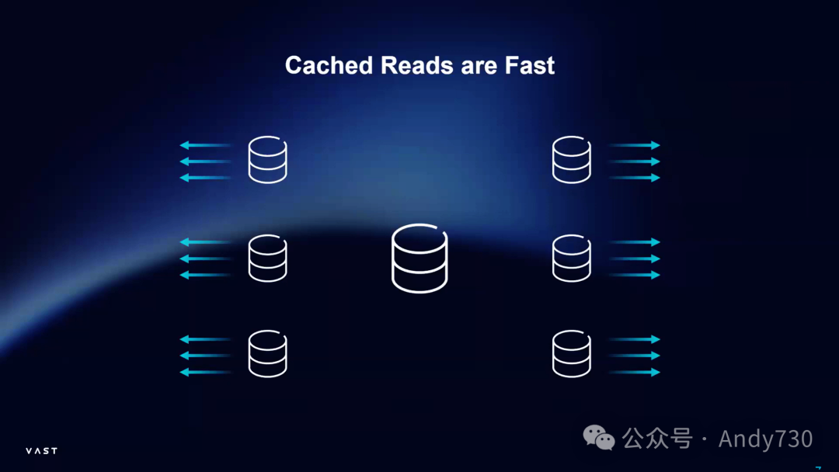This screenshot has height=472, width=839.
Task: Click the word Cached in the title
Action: pos(329,65)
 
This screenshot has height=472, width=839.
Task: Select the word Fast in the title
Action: pos(530,65)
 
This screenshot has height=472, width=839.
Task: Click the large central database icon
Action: pos(419,259)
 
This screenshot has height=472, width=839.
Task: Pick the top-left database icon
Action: pos(268,161)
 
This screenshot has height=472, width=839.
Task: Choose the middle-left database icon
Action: pos(268,258)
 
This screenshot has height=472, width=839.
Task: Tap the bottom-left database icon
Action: pos(268,355)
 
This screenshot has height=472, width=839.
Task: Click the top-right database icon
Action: pos(572,161)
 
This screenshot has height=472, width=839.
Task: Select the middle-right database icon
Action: pos(572,258)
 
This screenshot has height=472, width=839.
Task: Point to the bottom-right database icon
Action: pos(572,355)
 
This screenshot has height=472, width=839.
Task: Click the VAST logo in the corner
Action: pos(41,451)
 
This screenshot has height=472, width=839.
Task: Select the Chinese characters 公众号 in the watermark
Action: pos(656,439)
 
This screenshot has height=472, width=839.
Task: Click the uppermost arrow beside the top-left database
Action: pos(206,145)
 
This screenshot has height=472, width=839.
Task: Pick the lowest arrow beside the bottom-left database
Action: pos(206,372)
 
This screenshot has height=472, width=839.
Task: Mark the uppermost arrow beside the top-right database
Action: pos(634,145)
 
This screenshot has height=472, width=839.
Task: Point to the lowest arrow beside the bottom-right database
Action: pos(634,372)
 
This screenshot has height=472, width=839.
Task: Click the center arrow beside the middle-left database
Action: pos(206,259)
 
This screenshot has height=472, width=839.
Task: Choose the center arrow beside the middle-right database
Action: pos(634,259)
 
